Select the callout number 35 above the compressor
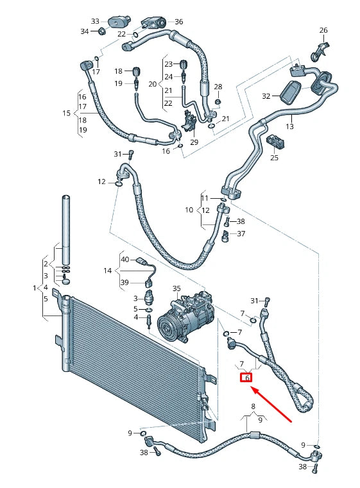[176, 289]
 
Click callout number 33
[96, 21]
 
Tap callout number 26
[323, 30]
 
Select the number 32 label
[267, 96]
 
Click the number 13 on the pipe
[289, 127]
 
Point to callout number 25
[274, 157]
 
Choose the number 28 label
[218, 87]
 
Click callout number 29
[194, 142]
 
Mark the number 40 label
[125, 260]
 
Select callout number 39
[125, 283]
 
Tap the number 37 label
[241, 233]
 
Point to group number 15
[66, 113]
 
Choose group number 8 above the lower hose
[253, 407]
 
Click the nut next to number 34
[101, 32]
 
